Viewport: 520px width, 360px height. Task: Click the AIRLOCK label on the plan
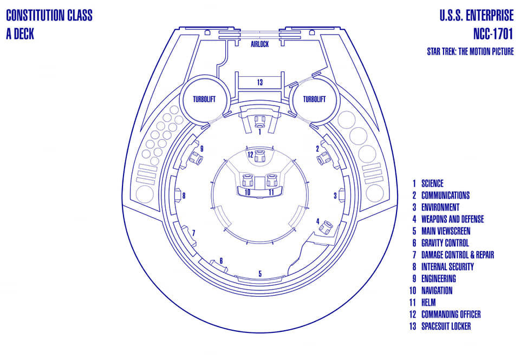point(259,44)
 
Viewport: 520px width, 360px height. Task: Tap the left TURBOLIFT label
point(204,99)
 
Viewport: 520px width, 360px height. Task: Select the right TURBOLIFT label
point(314,99)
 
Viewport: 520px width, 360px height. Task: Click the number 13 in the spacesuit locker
point(259,82)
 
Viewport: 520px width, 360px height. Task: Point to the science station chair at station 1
point(259,121)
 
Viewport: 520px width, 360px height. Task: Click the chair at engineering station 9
point(196,158)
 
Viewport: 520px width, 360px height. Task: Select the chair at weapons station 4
point(326,227)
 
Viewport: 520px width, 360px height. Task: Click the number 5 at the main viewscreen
point(260,274)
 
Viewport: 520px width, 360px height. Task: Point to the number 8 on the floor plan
point(184,195)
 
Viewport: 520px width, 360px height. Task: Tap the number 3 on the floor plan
point(335,195)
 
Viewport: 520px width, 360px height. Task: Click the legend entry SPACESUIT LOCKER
point(446,326)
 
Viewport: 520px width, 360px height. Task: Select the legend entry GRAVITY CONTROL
point(445,243)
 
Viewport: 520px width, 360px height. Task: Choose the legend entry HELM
point(428,302)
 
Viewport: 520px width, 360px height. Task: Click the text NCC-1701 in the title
point(493,34)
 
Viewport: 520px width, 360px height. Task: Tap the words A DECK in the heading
point(20,34)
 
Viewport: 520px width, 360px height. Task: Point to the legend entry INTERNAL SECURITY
point(447,267)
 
